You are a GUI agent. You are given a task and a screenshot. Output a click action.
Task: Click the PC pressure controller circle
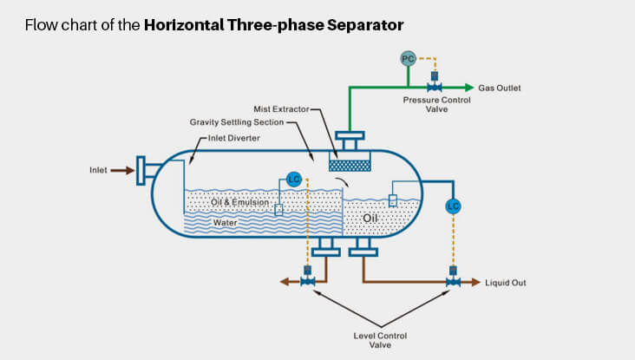408,58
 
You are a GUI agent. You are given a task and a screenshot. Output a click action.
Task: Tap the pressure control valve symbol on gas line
435,87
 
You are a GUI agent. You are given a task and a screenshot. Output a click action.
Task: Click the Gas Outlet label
500,88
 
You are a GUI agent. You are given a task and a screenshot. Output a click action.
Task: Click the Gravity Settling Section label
237,123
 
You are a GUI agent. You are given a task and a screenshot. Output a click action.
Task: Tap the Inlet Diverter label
235,137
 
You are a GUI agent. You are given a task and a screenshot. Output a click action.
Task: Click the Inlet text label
98,170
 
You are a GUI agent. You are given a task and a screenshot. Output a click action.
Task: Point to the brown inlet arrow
123,170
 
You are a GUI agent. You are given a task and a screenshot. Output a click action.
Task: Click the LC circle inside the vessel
295,180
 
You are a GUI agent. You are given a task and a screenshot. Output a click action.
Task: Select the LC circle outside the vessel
452,206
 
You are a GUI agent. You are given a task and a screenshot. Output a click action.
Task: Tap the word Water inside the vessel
226,222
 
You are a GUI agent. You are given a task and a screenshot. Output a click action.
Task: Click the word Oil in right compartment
372,217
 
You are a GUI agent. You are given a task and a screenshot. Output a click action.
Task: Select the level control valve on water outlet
306,281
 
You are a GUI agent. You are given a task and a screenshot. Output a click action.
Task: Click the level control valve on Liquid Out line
452,281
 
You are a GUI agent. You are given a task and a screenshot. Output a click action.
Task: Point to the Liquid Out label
507,283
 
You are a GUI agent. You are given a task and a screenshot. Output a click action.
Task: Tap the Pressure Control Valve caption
435,105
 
